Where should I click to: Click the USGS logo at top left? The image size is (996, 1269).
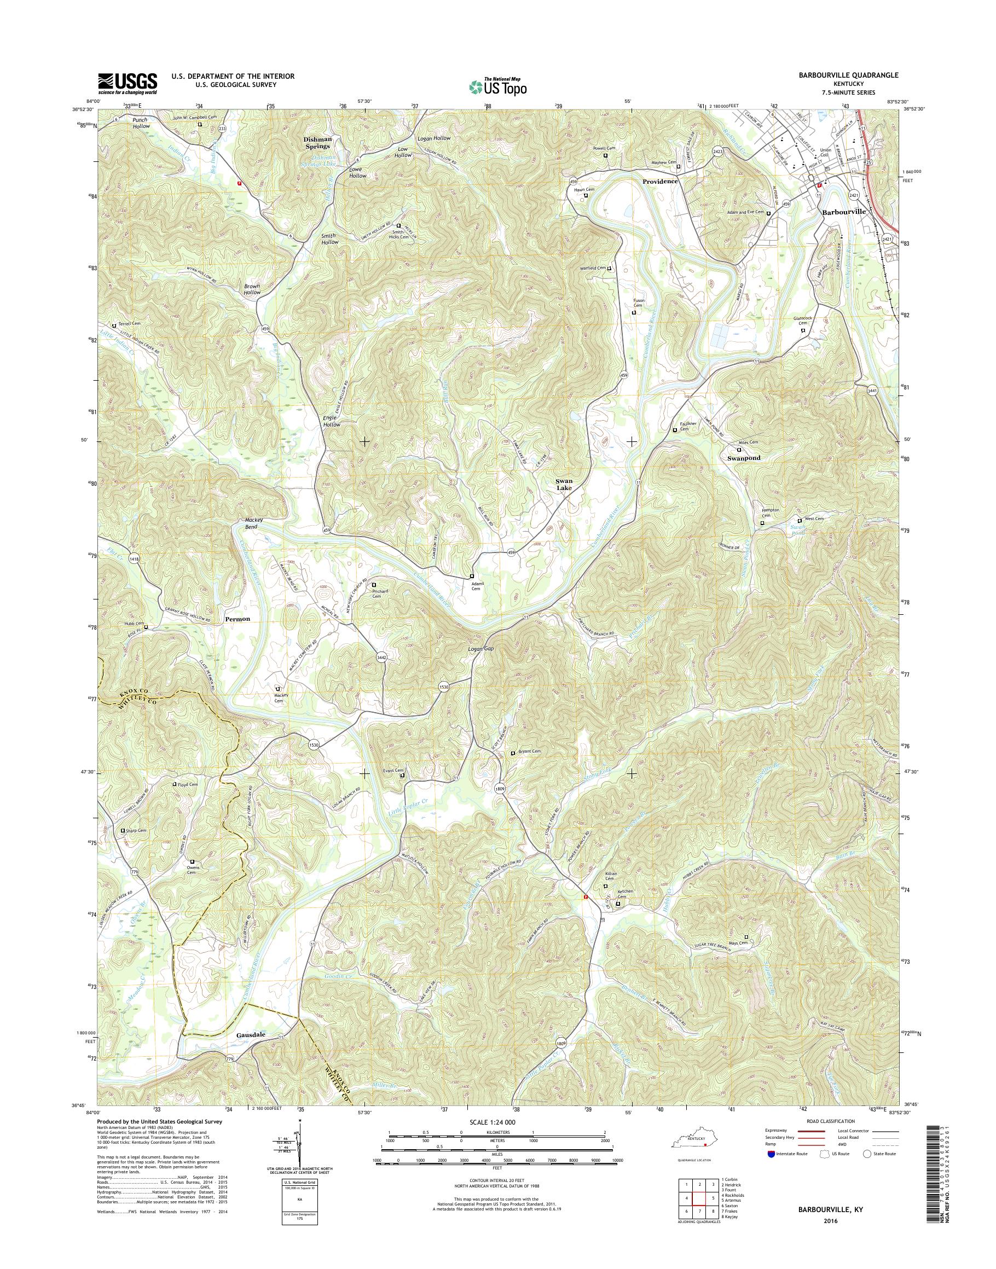coord(128,84)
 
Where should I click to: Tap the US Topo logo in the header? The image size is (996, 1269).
coord(497,86)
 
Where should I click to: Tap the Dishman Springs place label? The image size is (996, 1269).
coord(316,143)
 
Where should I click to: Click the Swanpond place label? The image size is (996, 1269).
coord(744,458)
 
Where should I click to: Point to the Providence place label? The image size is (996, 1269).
coord(660,181)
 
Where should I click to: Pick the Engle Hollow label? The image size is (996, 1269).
coord(331,421)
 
